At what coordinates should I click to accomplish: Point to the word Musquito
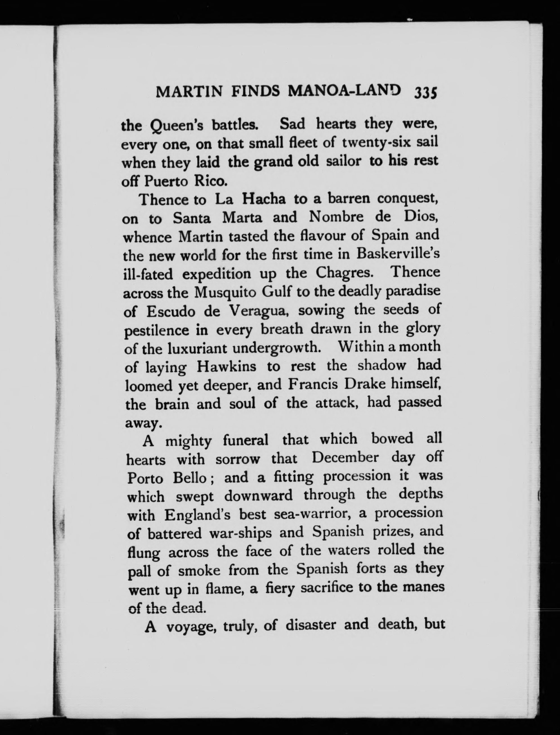pyautogui.click(x=225, y=293)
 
